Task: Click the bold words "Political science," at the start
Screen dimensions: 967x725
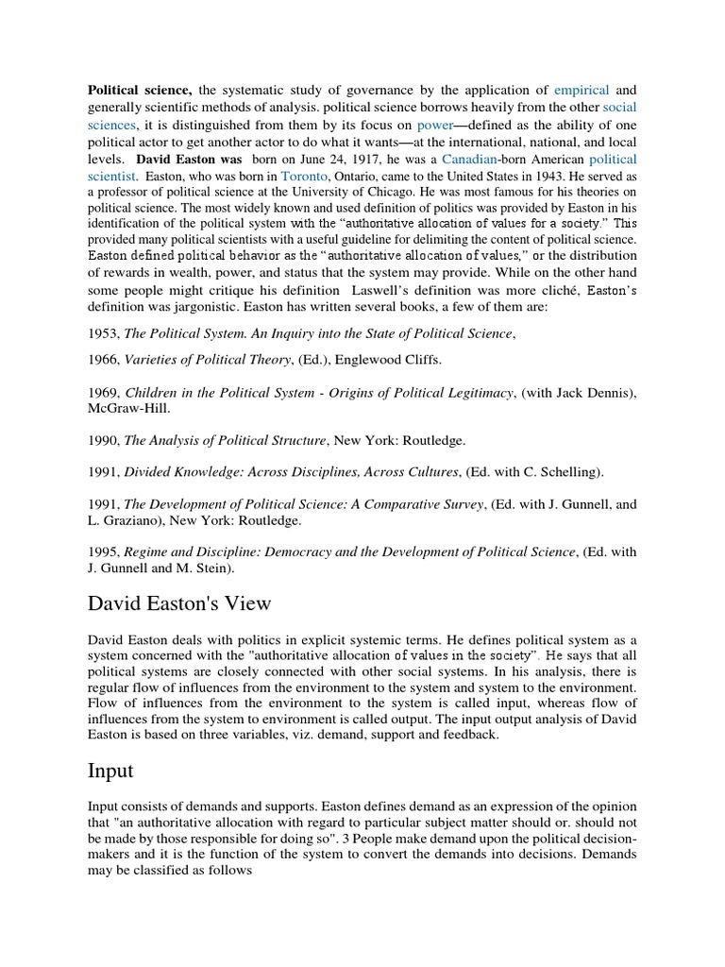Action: [141, 91]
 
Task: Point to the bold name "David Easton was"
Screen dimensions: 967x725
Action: [188, 159]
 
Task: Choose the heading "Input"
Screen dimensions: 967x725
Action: [110, 771]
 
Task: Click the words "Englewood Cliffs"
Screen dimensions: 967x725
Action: [388, 360]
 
